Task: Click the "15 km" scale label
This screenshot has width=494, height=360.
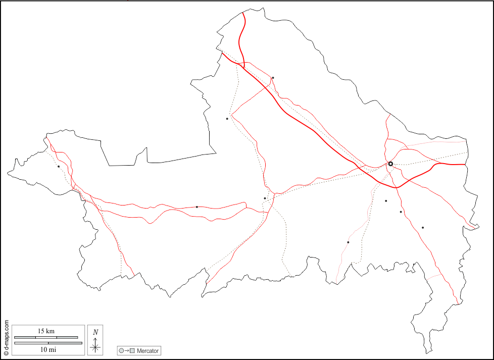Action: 46,331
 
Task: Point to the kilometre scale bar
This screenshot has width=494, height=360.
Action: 46,337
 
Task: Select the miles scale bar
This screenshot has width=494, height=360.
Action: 48,343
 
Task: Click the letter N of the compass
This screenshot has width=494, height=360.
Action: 95,332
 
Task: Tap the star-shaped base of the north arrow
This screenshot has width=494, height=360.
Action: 95,347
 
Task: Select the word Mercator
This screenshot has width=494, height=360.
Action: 147,350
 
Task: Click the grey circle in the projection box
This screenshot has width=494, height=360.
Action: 121,350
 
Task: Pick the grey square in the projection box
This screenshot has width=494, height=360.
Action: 132,350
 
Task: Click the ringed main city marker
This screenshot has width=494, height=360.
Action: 390,164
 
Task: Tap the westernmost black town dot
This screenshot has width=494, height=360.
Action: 59,166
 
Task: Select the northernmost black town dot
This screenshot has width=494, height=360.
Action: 273,78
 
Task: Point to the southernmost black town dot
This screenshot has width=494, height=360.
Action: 348,242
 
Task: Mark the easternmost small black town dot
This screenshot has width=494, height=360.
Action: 423,228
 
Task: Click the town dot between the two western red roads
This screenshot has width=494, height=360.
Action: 197,207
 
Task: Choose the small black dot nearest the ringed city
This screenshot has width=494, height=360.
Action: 386,201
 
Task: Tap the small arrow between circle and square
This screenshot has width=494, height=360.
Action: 127,350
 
